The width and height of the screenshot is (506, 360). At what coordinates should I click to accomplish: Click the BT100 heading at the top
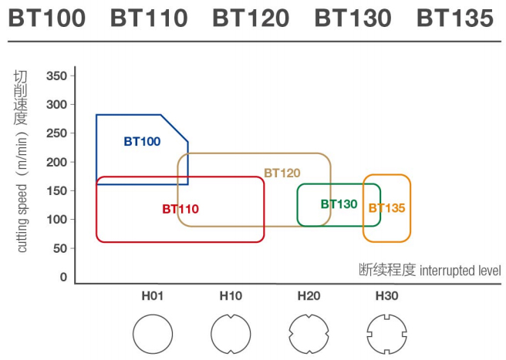tap(47, 18)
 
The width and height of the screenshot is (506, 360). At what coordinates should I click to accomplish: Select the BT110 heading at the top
tap(149, 18)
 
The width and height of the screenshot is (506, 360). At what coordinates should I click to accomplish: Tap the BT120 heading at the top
tap(251, 18)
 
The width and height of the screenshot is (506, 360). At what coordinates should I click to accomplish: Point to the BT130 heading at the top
tap(353, 18)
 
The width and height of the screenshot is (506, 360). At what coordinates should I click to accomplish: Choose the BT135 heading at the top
tap(455, 18)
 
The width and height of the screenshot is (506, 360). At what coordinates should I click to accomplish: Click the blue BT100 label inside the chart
tap(142, 142)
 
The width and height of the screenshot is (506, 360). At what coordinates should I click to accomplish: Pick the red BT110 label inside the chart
tap(180, 209)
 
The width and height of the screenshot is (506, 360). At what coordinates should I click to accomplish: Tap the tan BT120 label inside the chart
tap(282, 173)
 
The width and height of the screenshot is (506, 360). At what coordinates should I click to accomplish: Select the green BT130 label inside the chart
tap(339, 204)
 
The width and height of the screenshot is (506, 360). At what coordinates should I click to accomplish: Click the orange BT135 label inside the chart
tap(386, 207)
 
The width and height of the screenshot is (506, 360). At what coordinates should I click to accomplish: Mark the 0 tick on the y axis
tap(63, 278)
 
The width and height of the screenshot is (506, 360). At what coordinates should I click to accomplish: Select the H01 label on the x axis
tap(152, 296)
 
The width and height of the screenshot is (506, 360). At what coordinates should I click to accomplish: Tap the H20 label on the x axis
tap(309, 296)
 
